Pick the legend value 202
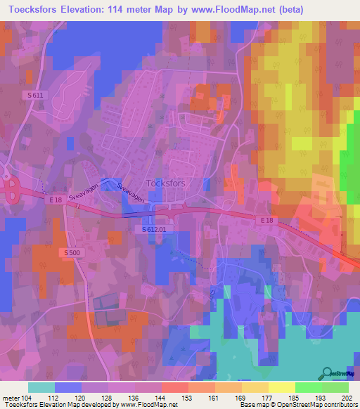(x=347, y=397)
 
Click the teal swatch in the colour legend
(x=41, y=387)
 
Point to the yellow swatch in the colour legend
(x=281, y=387)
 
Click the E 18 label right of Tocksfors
(x=265, y=220)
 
